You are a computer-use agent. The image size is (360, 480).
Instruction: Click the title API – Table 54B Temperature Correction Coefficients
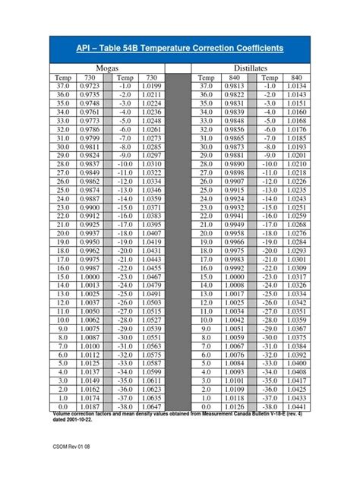click(179, 47)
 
